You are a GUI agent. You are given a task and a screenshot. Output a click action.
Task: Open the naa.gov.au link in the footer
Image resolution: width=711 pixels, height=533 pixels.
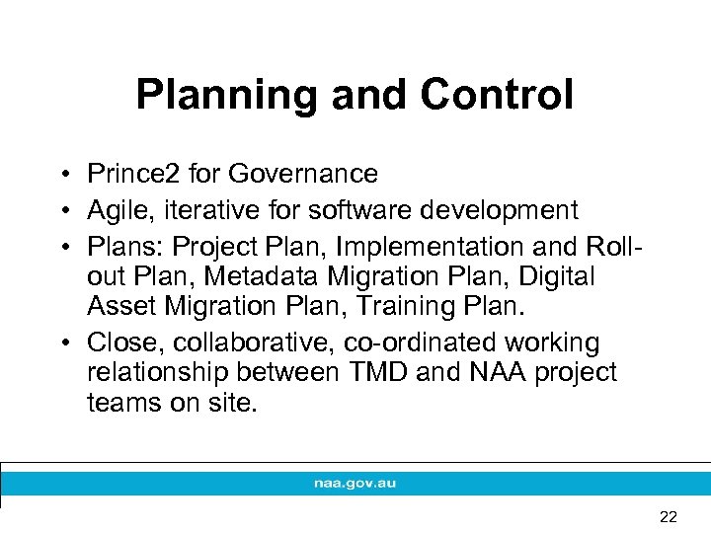pos(355,484)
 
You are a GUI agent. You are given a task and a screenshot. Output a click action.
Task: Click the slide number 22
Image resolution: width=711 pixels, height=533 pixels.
pos(668,516)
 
